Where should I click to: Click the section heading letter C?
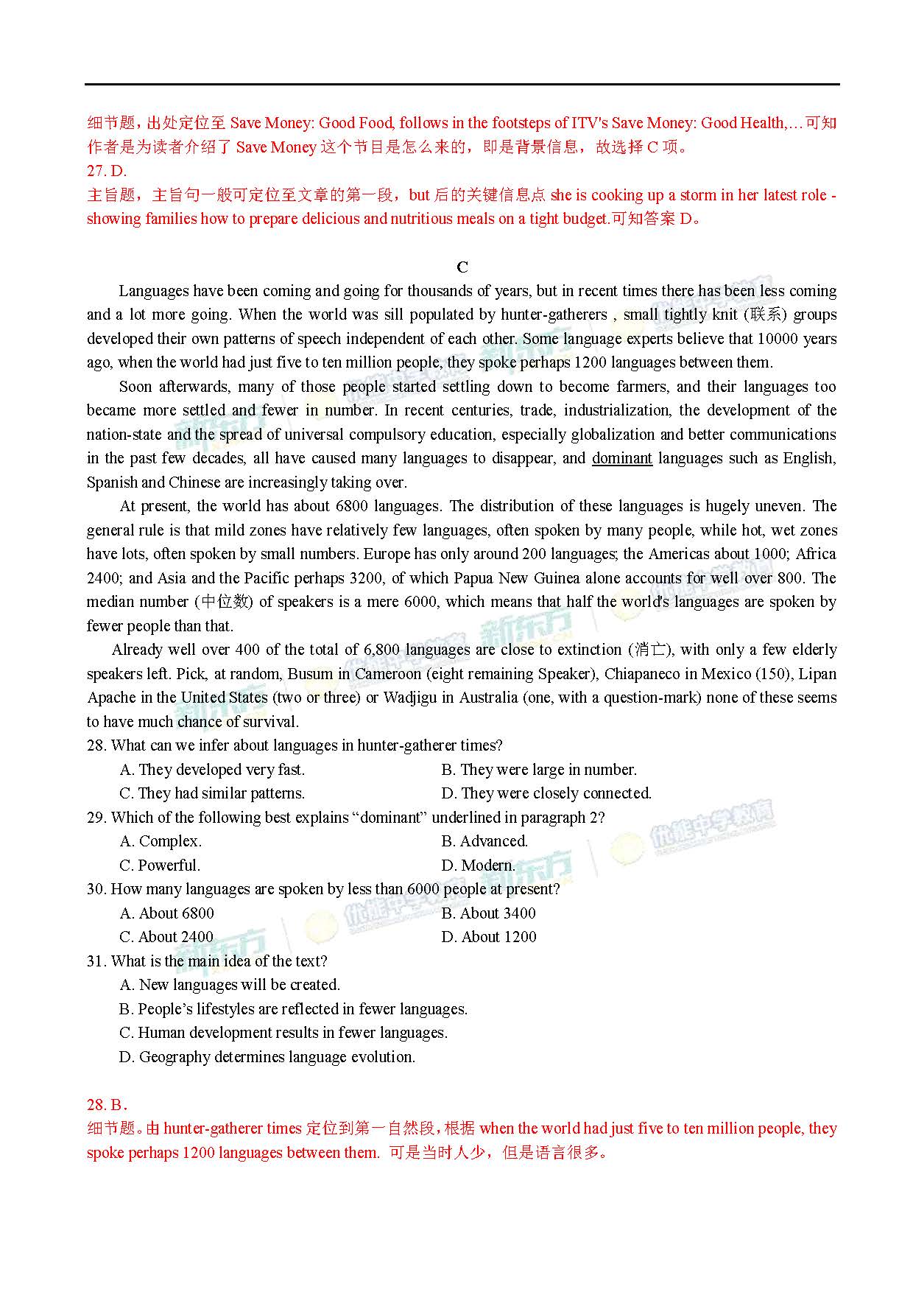(462, 267)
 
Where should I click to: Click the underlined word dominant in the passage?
(621, 458)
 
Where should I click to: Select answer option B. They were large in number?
(538, 770)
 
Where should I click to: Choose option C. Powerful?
(160, 866)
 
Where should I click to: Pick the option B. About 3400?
(488, 913)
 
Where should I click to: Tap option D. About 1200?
(488, 937)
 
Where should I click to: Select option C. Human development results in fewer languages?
(283, 1033)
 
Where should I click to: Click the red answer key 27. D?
(107, 171)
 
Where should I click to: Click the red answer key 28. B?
(107, 1105)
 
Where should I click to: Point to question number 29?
(97, 818)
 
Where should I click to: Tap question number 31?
(97, 961)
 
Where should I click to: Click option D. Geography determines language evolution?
(267, 1057)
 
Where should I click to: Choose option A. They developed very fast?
(212, 770)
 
